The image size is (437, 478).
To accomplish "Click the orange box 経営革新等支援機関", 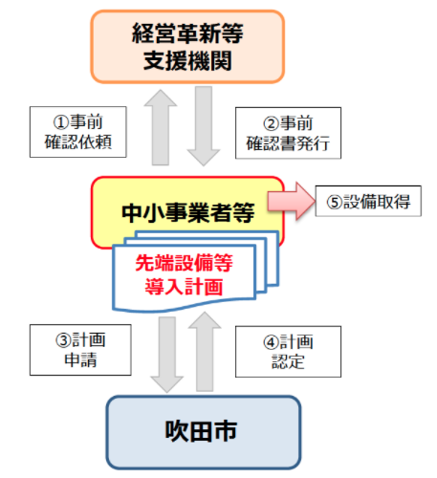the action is point(187,47).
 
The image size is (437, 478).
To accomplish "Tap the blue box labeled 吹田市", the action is point(204,432).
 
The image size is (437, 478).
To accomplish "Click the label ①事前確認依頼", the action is point(78,132).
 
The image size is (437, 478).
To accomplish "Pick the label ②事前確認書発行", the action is point(288,133).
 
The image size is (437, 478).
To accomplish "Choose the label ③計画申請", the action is point(80,350).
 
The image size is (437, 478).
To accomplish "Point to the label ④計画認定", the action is point(288,352).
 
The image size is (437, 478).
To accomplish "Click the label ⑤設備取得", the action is point(368,202).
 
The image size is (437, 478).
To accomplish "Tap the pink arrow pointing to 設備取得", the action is point(292,201).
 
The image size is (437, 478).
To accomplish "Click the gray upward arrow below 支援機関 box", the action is point(161,127).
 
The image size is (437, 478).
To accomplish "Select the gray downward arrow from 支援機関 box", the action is point(204,126).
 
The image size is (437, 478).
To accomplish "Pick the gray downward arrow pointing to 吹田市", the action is point(167,355).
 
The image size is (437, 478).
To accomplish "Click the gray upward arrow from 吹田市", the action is point(205,352).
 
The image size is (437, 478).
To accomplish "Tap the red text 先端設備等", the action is point(185,263).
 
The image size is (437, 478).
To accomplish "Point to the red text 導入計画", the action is point(185,287).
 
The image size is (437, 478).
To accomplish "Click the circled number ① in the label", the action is point(61,122).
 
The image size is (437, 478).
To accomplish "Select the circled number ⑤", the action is point(335,202).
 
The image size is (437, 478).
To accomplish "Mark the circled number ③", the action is point(63,340).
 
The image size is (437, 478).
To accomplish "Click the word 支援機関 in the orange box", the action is point(187,60).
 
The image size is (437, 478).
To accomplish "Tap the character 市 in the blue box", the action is point(225,431).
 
